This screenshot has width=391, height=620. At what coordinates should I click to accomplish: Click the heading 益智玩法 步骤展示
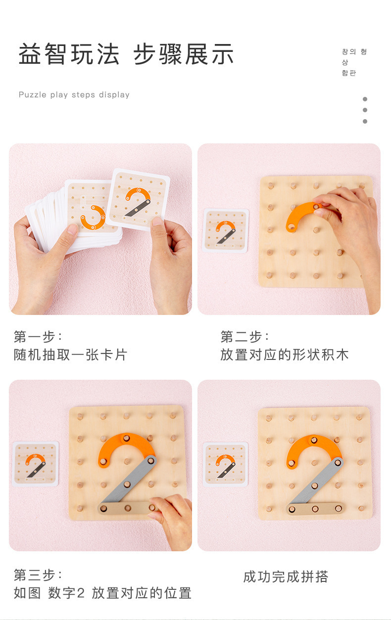(x=126, y=54)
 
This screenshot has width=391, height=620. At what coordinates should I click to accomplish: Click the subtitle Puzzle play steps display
(x=74, y=94)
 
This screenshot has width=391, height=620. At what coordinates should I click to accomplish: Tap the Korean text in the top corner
(x=354, y=62)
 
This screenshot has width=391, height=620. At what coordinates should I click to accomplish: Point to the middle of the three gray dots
(x=365, y=110)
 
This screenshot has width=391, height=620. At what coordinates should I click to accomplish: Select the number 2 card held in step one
(x=138, y=200)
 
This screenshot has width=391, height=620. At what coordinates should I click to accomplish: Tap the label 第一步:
(x=38, y=337)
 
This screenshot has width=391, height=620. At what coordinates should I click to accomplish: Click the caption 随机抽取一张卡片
(x=70, y=354)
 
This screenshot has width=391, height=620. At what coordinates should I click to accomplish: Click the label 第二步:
(x=244, y=337)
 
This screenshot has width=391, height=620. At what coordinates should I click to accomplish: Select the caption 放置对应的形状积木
(x=284, y=354)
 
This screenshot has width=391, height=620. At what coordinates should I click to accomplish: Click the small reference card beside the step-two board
(x=226, y=231)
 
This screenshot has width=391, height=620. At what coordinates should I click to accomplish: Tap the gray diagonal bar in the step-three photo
(x=128, y=481)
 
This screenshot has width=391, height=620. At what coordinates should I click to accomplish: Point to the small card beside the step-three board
(x=36, y=464)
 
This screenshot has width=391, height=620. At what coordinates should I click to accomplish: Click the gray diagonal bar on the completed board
(x=316, y=482)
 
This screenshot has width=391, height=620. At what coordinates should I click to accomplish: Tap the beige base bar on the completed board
(x=315, y=509)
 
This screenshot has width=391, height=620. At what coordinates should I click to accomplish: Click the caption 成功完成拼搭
(x=286, y=577)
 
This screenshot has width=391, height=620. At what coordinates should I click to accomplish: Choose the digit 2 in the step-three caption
(x=80, y=593)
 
